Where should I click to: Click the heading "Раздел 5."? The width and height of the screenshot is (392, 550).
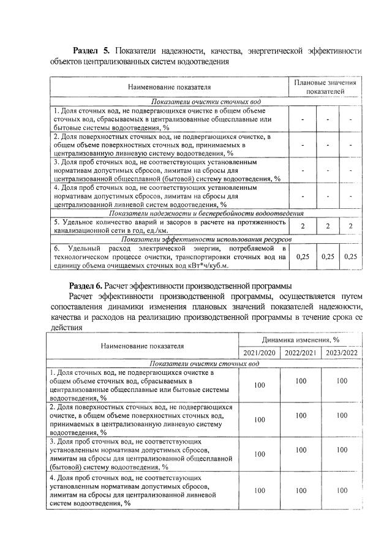(x=91, y=50)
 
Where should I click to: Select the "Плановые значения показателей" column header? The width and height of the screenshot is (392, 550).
(x=325, y=86)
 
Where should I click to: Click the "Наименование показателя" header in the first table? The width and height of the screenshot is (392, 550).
(x=169, y=87)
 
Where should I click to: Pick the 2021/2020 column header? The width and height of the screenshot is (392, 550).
(x=260, y=353)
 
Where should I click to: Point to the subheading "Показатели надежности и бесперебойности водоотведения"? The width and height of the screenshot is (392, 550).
(x=202, y=213)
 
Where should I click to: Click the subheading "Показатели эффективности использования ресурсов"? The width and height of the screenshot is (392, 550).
(x=202, y=239)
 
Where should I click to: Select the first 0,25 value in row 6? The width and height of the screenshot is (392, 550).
(x=303, y=257)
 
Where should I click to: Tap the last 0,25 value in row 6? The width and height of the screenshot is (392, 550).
(x=350, y=257)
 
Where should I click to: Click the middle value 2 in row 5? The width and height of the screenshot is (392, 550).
(x=328, y=226)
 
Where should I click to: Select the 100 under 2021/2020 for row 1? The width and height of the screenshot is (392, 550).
(x=260, y=385)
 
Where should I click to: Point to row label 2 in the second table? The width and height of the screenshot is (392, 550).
(x=141, y=419)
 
